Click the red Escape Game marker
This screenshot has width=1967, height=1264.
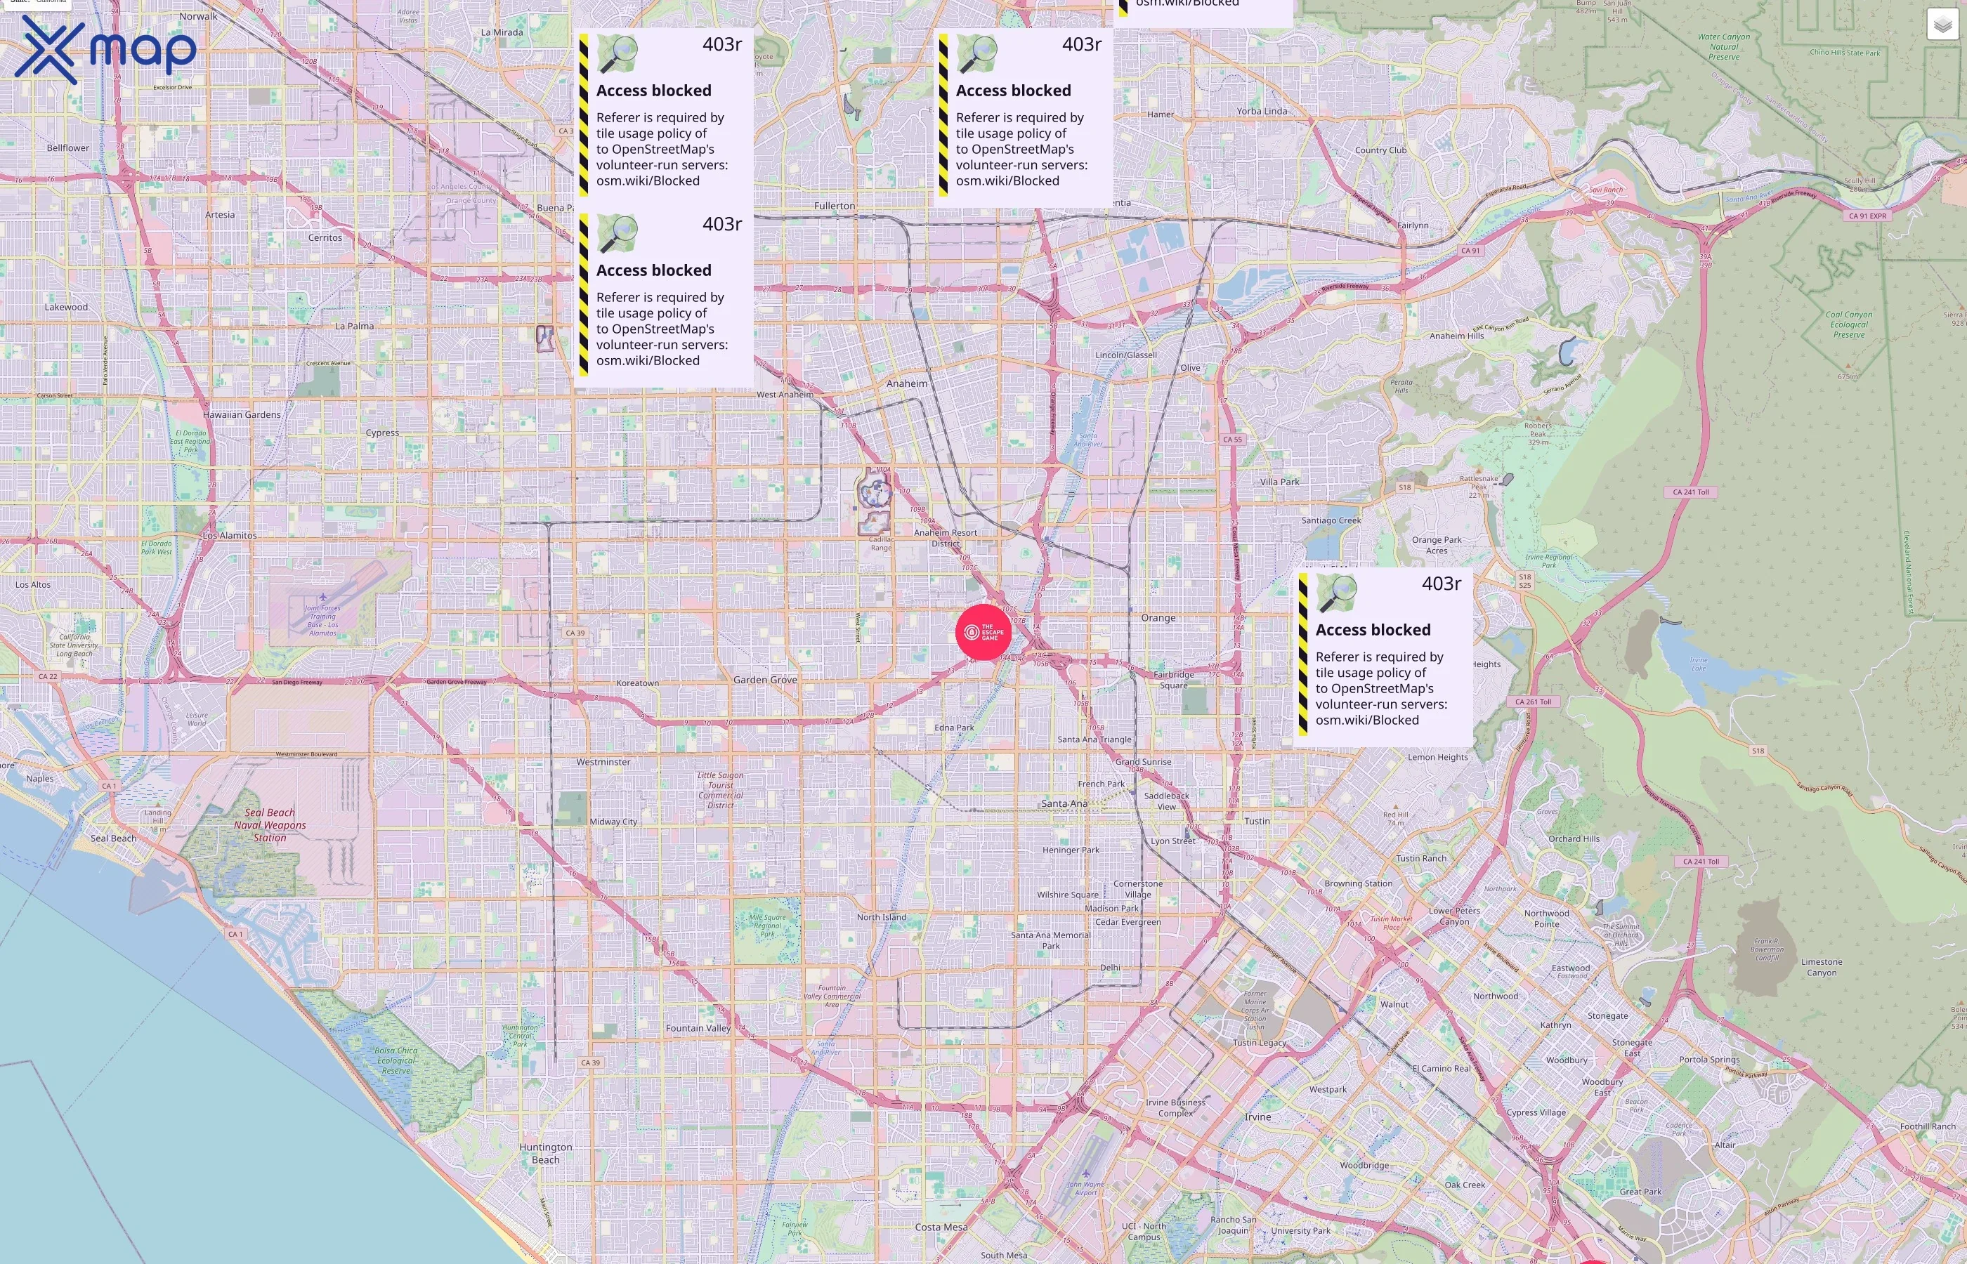[983, 632]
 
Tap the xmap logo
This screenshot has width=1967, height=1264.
[105, 50]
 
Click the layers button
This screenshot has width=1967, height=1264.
[1942, 25]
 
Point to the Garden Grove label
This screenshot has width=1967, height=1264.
[765, 680]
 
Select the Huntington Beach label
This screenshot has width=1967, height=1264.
[545, 1153]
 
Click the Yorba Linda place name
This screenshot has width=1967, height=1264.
[1262, 111]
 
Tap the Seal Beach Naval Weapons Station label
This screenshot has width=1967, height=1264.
[270, 825]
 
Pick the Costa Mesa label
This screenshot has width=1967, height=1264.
[941, 1227]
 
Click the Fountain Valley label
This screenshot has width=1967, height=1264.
[698, 1027]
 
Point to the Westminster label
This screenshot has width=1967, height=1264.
[603, 762]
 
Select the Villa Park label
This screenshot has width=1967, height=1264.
[1279, 482]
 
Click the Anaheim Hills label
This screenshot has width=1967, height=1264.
[1456, 336]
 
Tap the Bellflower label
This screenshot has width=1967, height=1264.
[68, 147]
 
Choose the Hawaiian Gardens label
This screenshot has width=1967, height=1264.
[242, 414]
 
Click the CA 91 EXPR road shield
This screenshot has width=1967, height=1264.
[1867, 216]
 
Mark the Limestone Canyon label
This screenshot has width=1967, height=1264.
[1821, 967]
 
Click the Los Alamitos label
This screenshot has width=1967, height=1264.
[230, 535]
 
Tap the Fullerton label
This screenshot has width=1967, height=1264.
[834, 206]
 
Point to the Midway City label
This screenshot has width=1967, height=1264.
[613, 822]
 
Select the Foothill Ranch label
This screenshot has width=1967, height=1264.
[1928, 1126]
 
